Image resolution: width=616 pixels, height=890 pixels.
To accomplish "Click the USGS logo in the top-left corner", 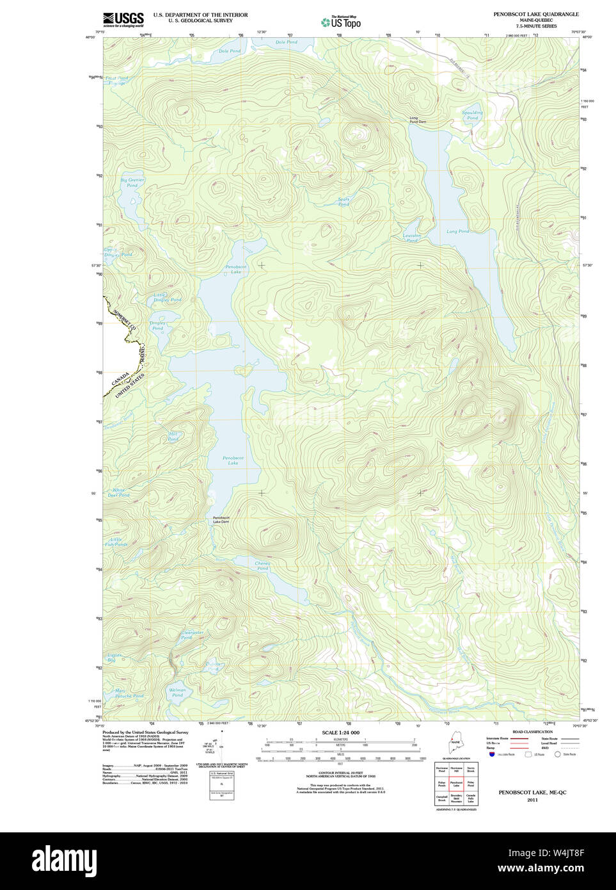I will (123, 19).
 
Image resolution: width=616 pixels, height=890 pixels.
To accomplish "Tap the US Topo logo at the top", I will (341, 22).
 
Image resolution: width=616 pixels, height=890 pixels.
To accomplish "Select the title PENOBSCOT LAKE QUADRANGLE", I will (535, 14).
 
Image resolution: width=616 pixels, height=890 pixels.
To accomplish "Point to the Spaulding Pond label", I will (472, 115).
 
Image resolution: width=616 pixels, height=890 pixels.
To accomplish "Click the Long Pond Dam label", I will (418, 120).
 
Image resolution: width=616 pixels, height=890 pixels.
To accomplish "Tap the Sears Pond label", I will (344, 202).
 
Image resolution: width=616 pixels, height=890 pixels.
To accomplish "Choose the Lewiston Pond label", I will (411, 238).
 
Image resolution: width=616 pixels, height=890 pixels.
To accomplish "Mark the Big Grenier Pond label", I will (132, 182).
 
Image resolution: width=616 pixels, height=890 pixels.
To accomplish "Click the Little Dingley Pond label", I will (167, 297).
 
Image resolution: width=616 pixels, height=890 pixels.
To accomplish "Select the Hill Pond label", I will (173, 437).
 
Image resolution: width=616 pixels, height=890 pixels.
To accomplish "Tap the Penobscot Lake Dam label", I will (221, 519).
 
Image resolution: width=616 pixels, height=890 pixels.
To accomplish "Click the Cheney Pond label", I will (262, 566).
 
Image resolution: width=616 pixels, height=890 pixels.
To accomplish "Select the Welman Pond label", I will (177, 692).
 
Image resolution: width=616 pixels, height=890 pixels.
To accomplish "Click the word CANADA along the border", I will (120, 379).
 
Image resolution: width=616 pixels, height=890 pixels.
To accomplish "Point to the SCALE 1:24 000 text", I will (340, 732).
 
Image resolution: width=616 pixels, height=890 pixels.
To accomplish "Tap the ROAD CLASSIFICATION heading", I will (532, 732).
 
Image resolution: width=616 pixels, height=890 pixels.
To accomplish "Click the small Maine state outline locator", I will (455, 745).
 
